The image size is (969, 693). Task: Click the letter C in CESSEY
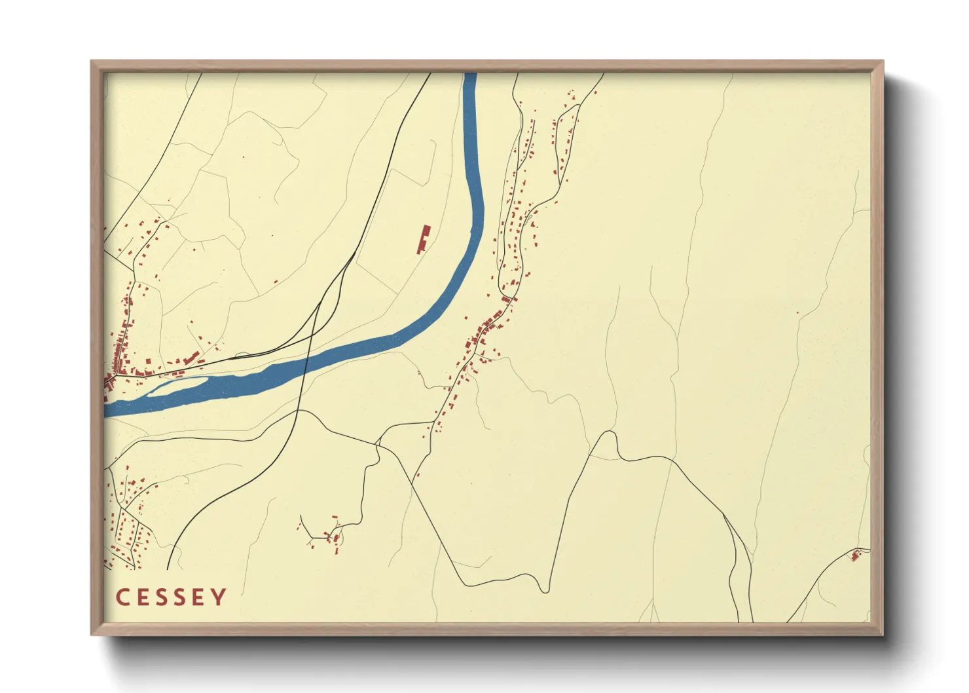coord(123,597)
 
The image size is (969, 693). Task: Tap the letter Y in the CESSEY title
coord(219,597)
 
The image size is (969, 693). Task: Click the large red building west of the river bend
coord(424,240)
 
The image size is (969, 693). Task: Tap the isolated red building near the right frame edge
coord(855,556)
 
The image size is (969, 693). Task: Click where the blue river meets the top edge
coord(469,75)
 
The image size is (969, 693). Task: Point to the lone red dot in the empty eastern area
coord(797,312)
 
